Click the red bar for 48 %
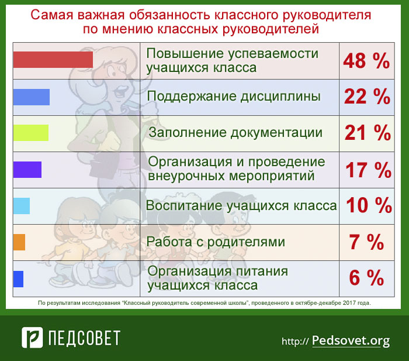coord(53,60)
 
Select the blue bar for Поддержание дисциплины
coord(32,97)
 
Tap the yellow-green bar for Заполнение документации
coord(31,133)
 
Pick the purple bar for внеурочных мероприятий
coord(27,170)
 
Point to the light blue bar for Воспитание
coord(22,206)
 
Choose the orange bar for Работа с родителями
coord(19,242)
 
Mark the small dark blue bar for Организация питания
coord(18,279)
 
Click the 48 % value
coord(366,61)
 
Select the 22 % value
coord(367,97)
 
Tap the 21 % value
coord(368,133)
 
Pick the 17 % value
coord(368,170)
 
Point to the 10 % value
coord(369,205)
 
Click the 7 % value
coord(366,242)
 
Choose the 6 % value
coord(366,277)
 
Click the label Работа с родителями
coord(216,242)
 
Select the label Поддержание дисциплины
coord(234,97)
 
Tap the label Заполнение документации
coord(235,132)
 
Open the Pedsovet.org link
coord(351,341)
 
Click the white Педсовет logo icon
coord(32,338)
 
